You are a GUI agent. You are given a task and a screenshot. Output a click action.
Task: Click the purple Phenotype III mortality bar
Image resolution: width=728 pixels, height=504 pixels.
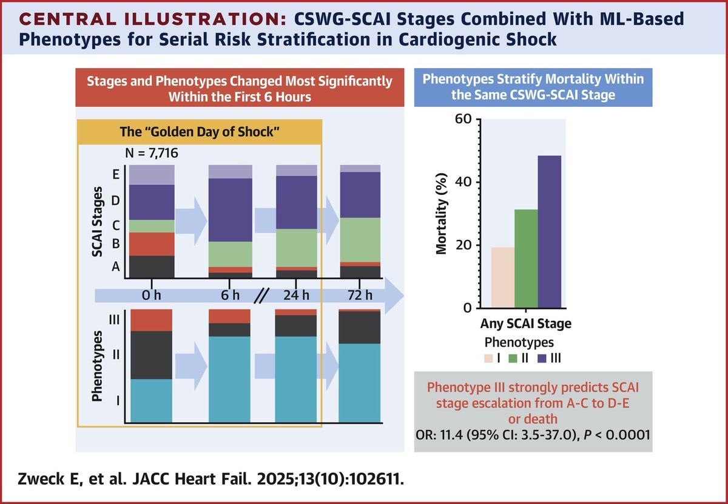pyautogui.click(x=549, y=231)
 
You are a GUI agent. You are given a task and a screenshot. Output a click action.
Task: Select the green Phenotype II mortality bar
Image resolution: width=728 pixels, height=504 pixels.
pyautogui.click(x=526, y=258)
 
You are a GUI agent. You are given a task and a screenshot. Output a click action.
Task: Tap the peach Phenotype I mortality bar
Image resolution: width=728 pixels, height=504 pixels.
pyautogui.click(x=503, y=277)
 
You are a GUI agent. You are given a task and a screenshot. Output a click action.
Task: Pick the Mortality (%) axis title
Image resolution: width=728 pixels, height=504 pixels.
pyautogui.click(x=444, y=214)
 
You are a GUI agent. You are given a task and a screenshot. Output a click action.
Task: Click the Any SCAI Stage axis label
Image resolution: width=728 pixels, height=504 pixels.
pyautogui.click(x=526, y=324)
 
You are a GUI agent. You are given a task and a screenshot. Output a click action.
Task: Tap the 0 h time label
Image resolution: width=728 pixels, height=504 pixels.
pyautogui.click(x=151, y=296)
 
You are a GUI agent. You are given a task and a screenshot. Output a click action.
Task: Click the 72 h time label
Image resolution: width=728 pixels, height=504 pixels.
pyautogui.click(x=360, y=296)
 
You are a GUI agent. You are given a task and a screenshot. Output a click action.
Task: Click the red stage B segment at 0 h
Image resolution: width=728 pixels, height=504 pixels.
pyautogui.click(x=152, y=243)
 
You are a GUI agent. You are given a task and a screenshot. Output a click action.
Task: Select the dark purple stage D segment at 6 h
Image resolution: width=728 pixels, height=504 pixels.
pyautogui.click(x=231, y=209)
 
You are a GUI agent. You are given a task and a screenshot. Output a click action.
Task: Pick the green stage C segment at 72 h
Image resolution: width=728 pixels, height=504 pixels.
pyautogui.click(x=360, y=239)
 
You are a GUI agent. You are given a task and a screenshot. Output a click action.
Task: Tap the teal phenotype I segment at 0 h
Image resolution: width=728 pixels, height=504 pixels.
pyautogui.click(x=152, y=400)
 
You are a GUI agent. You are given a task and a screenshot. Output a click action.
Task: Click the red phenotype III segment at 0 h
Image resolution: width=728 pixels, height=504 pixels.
pyautogui.click(x=152, y=320)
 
